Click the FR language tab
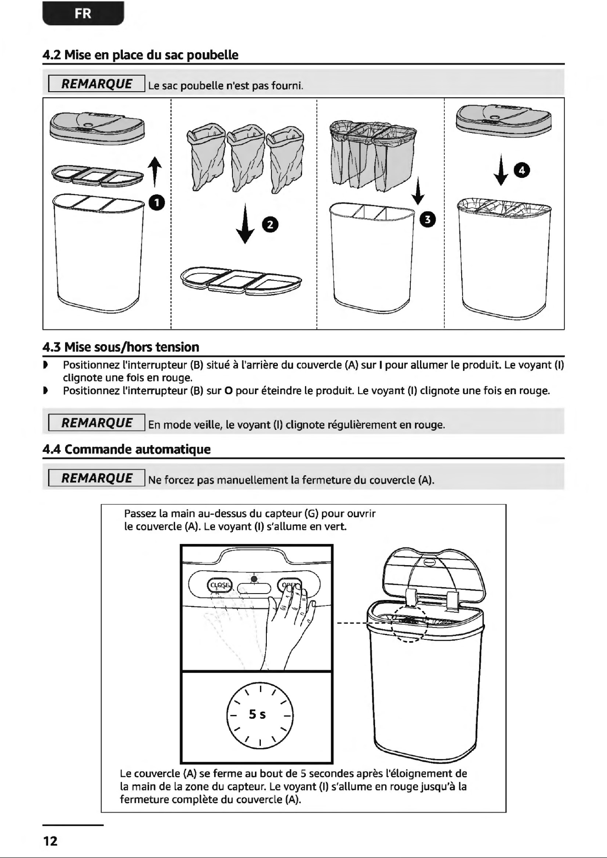coord(83,13)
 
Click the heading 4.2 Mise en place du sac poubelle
coord(140,55)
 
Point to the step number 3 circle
coord(428,220)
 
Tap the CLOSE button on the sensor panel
coord(221,585)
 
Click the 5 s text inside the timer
coord(257,714)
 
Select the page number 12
coord(50,841)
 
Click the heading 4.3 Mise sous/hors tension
coord(121,347)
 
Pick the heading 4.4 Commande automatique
coord(127,449)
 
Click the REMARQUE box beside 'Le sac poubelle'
coord(97,84)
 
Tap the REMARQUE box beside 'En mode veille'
coord(97,423)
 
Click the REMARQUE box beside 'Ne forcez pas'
coord(97,478)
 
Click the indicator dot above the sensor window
coord(254,579)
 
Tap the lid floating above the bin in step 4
coord(503,118)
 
